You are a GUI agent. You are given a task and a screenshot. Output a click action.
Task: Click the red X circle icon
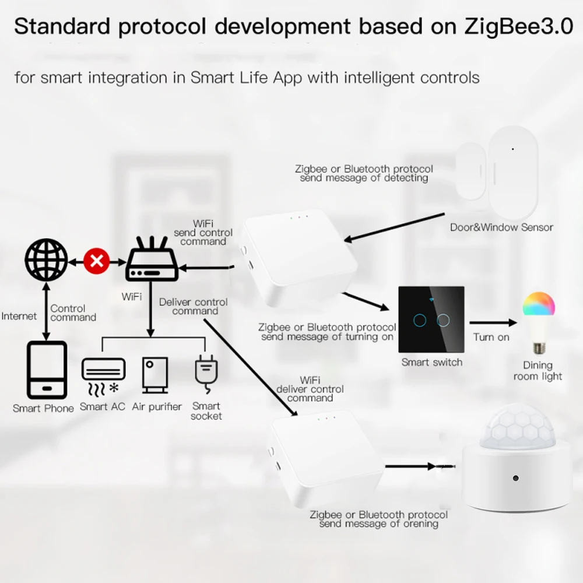point(97,261)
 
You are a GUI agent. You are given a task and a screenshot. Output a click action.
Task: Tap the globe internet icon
point(47,260)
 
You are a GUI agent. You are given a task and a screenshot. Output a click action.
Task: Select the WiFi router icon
point(152,259)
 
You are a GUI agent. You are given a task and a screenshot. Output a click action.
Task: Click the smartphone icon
point(47,370)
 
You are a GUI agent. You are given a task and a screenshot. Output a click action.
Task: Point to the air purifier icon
point(155,375)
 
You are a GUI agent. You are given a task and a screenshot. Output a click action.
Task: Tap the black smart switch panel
point(431,319)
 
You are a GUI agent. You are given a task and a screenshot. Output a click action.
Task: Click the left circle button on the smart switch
point(420,321)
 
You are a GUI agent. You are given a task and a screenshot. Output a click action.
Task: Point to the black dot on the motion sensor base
point(515,478)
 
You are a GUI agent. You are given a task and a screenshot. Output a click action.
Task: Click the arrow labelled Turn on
point(493,323)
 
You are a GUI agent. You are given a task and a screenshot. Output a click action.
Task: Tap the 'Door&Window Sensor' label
point(501,227)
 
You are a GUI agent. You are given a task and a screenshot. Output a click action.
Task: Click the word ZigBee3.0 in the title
point(519,26)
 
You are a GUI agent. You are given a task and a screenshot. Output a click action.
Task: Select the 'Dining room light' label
point(538,371)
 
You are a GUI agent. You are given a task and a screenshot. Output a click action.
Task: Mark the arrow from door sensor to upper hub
point(394,227)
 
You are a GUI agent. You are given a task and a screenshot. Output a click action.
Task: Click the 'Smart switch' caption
point(431,362)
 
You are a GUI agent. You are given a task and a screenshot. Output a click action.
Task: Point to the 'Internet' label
point(19,316)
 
